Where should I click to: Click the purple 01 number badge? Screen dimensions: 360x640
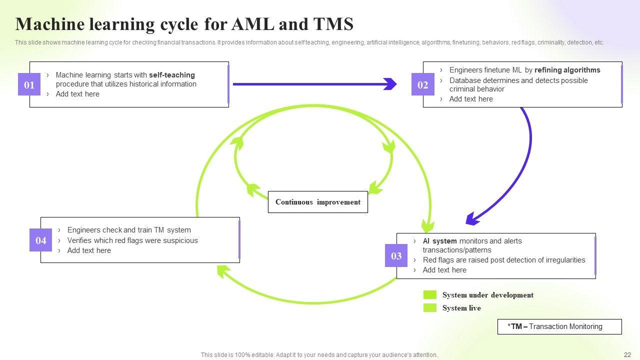[29, 84]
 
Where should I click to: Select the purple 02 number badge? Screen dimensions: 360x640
[422, 84]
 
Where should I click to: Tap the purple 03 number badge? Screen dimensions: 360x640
[396, 255]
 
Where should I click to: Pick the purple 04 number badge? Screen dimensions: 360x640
[40, 240]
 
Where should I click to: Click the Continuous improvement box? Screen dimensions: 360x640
[317, 202]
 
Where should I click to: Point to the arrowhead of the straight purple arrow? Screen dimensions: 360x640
[390, 84]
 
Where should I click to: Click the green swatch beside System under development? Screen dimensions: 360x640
[430, 295]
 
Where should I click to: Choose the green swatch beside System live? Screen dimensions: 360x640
[430, 308]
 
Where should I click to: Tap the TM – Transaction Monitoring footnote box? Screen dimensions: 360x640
[559, 326]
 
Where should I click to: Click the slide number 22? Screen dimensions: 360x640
[627, 355]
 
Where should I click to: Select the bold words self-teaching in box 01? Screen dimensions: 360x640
[171, 75]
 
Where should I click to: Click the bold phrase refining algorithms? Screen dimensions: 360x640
[567, 70]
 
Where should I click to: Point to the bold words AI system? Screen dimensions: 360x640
[439, 241]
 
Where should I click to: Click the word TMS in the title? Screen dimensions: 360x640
[333, 24]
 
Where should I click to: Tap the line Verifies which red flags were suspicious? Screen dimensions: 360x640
[132, 240]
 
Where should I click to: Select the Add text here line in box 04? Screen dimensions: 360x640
[89, 250]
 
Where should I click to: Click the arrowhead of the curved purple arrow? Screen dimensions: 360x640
[471, 219]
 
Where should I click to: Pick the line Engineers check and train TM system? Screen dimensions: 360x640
[129, 230]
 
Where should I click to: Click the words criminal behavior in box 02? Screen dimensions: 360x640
[476, 89]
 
